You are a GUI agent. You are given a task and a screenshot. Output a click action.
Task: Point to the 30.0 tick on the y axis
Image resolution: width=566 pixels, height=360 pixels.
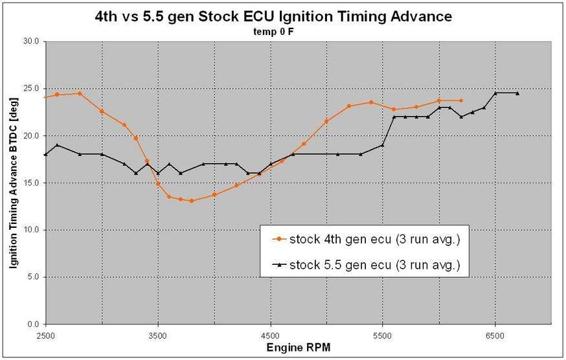pos(30,41)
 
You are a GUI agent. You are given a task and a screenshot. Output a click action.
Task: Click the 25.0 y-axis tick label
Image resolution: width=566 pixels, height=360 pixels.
pos(30,89)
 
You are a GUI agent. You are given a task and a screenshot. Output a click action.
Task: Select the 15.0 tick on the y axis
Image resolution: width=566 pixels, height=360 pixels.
pos(30,183)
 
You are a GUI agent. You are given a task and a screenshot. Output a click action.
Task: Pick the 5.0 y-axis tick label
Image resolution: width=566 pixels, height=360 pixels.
pos(32,277)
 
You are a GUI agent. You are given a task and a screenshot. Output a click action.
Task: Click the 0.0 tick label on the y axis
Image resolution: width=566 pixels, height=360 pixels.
pos(32,324)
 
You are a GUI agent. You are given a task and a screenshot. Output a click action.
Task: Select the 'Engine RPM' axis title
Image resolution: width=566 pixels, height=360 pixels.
pos(298,348)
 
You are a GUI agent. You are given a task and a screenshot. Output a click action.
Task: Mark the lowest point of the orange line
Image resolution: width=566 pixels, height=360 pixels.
pos(192,201)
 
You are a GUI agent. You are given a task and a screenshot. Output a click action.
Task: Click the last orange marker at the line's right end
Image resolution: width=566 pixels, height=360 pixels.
pos(461,100)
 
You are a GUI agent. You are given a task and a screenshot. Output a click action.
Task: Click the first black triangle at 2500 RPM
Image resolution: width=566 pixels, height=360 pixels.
pos(46,154)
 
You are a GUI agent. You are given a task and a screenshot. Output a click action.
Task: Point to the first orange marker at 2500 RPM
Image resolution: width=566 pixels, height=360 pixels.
pos(46,97)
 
